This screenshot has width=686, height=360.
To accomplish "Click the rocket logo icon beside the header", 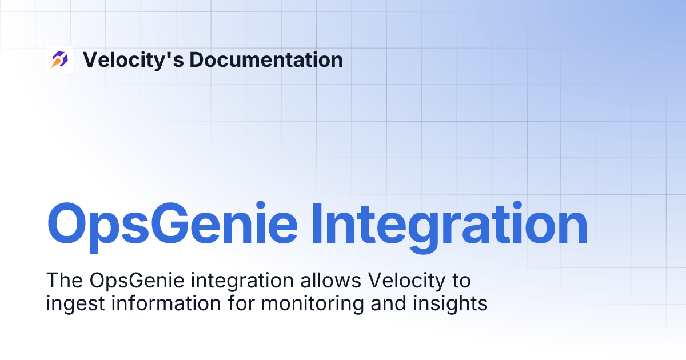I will pos(59,59).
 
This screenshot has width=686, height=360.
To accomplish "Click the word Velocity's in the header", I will pos(132,59).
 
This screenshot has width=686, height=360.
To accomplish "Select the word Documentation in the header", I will pos(266,59).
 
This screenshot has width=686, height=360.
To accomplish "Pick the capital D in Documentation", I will pos(196,59).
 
